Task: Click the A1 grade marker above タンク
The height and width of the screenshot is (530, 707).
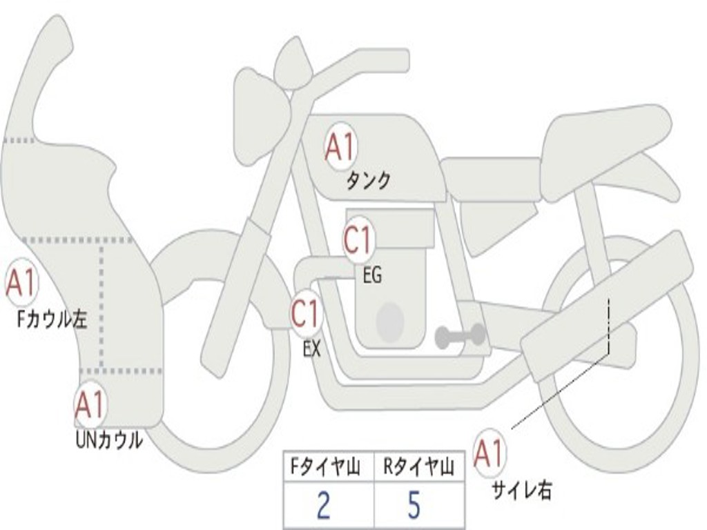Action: pyautogui.click(x=340, y=146)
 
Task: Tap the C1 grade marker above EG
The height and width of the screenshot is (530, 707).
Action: pyautogui.click(x=358, y=239)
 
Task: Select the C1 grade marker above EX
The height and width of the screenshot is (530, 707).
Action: pyautogui.click(x=306, y=313)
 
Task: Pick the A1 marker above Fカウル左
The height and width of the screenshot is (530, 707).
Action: pyautogui.click(x=21, y=282)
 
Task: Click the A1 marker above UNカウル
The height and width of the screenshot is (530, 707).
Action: pyautogui.click(x=91, y=404)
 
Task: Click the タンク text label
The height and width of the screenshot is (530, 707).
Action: pyautogui.click(x=368, y=181)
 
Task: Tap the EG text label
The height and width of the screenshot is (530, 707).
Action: pyautogui.click(x=372, y=275)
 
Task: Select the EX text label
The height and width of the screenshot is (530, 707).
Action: pyautogui.click(x=311, y=349)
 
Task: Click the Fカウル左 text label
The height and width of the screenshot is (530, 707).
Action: pyautogui.click(x=52, y=320)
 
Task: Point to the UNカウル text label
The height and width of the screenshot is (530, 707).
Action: pyautogui.click(x=109, y=440)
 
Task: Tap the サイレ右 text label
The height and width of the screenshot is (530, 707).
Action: pyautogui.click(x=521, y=490)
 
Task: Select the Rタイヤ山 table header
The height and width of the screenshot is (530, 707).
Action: pyautogui.click(x=418, y=467)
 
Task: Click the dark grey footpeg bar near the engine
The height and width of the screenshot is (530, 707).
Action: pyautogui.click(x=461, y=335)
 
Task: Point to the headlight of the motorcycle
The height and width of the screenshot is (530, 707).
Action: pyautogui.click(x=262, y=117)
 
